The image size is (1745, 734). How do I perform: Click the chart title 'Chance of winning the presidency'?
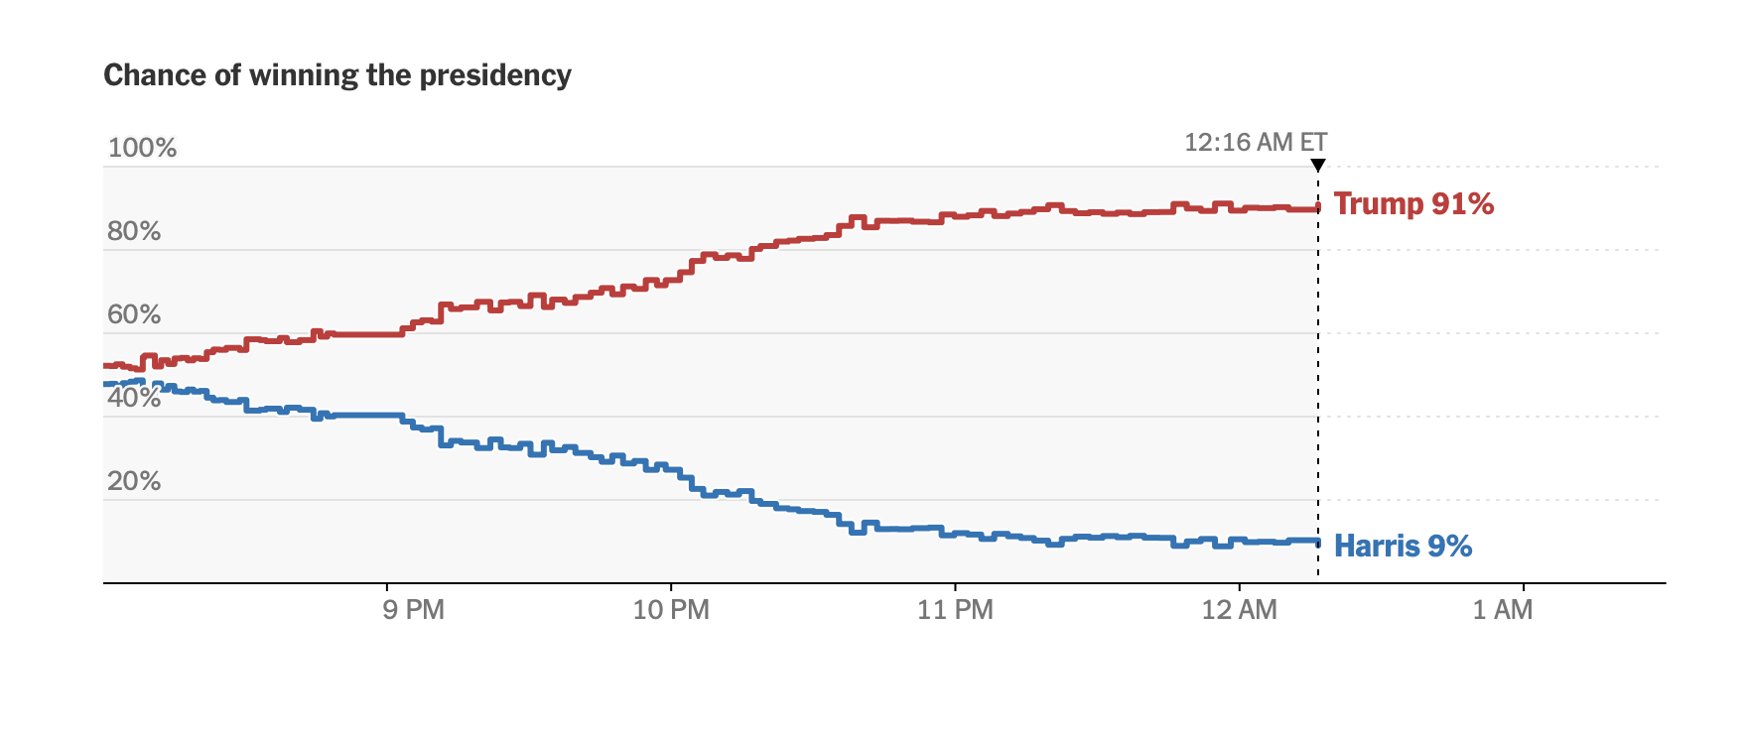337,75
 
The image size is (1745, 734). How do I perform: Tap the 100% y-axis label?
142,148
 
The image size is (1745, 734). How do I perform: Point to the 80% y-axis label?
134,231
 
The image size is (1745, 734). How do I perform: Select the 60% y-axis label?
134,314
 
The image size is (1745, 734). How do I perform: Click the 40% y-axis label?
134,398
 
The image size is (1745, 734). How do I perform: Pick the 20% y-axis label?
134,481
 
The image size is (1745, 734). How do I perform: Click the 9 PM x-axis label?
413,609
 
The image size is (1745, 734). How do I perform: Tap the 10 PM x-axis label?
671,609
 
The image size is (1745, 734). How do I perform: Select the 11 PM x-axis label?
955,609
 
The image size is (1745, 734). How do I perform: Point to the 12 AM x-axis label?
1239,609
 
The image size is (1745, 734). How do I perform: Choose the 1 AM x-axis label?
1502,609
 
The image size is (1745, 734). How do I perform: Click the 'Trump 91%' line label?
1413,203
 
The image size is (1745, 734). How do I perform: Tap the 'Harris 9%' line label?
1403,546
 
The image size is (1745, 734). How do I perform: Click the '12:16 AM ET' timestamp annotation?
1256,142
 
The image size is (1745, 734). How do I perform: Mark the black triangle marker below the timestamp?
1318,165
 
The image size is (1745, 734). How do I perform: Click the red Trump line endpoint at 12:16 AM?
1317,208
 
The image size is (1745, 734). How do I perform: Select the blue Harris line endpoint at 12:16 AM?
1317,542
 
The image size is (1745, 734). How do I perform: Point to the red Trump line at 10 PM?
671,281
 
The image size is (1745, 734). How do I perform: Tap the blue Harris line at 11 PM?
955,534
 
